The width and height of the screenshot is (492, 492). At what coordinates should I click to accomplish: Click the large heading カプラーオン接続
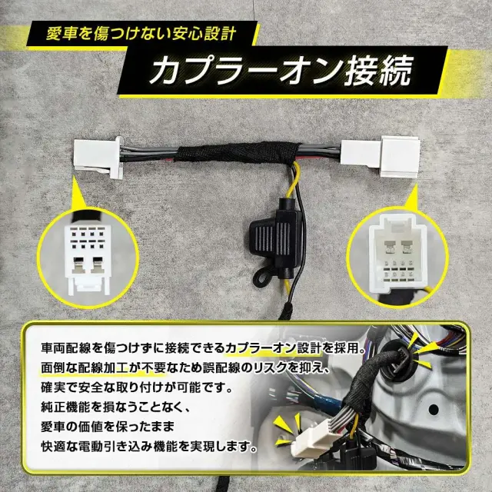click(x=280, y=71)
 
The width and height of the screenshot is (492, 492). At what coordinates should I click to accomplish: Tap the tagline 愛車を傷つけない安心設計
click(x=141, y=34)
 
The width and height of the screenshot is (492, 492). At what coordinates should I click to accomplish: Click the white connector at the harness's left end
click(x=98, y=157)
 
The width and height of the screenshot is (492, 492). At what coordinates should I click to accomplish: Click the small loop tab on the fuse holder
click(x=261, y=277)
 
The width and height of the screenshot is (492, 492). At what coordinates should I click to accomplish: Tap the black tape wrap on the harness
click(x=238, y=152)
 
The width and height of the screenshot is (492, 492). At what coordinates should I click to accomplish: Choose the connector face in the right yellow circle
click(x=396, y=254)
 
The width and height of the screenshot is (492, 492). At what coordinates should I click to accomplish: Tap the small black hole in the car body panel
click(x=434, y=409)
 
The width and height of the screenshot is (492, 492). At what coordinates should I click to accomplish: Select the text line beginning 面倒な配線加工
click(x=186, y=368)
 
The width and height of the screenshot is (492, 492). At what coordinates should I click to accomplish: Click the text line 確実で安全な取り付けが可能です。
click(x=138, y=387)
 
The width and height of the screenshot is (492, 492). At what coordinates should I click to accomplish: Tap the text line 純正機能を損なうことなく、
click(x=115, y=407)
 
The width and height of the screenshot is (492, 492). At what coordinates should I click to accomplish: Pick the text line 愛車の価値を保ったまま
click(x=108, y=427)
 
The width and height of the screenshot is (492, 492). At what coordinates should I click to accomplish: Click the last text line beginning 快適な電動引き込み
click(x=149, y=447)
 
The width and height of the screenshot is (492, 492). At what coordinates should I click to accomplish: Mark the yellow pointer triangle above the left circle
click(x=80, y=194)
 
